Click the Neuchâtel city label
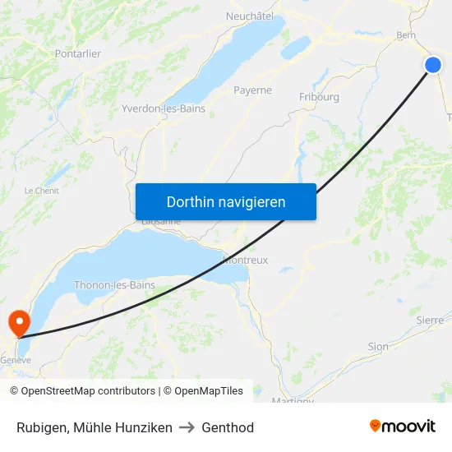[x=249, y=16]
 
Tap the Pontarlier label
[x=77, y=53]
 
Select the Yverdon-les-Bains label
[x=163, y=108]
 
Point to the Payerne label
[x=252, y=90]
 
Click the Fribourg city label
[x=319, y=97]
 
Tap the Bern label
[x=405, y=35]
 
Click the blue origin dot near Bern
[x=433, y=65]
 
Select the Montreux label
[x=245, y=260]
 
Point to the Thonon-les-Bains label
[x=114, y=285]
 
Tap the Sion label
[x=378, y=347]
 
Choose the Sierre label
[x=430, y=320]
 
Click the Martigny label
[x=293, y=401]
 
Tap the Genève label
[x=16, y=360]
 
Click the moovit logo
[x=403, y=427]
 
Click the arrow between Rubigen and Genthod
[x=187, y=427]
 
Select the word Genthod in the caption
[x=228, y=427]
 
